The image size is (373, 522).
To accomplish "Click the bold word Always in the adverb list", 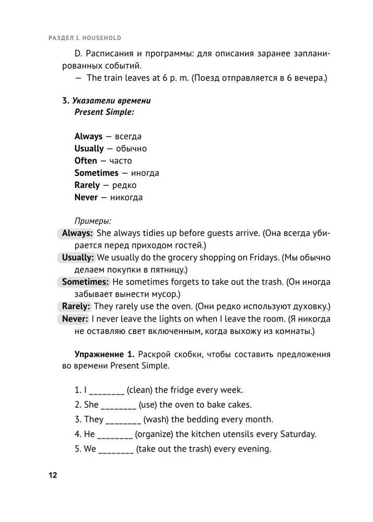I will (x=88, y=136).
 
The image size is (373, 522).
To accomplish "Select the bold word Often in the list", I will (x=86, y=161).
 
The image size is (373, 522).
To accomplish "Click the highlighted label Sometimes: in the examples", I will (x=85, y=282).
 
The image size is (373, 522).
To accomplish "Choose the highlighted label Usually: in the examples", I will (x=78, y=257).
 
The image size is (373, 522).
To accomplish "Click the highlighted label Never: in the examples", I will (x=74, y=318).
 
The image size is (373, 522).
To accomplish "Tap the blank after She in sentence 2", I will (x=118, y=405).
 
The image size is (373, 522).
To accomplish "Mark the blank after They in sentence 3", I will (x=123, y=420).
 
